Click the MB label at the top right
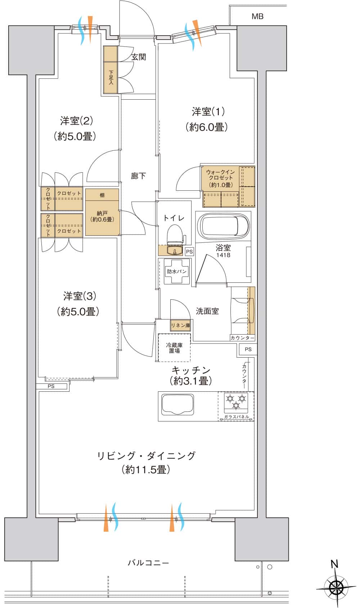[x=257, y=16]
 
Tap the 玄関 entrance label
[x=138, y=57]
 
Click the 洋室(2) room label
[x=76, y=121]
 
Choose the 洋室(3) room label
[x=79, y=296]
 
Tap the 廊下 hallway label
[x=138, y=176]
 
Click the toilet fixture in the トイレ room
[x=175, y=234]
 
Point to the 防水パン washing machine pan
[x=177, y=271]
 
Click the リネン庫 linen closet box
[x=180, y=325]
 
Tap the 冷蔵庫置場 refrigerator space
[x=174, y=348]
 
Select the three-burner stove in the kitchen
[x=236, y=401]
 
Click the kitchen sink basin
[x=178, y=405]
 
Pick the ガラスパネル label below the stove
[x=236, y=417]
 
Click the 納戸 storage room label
[x=102, y=216]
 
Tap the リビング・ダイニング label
[x=146, y=456]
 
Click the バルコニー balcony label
[x=148, y=563]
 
